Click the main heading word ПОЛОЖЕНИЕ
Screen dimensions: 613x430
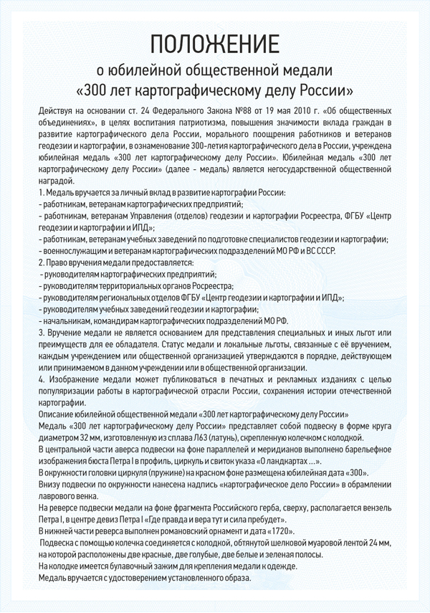pyautogui.click(x=214, y=44)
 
